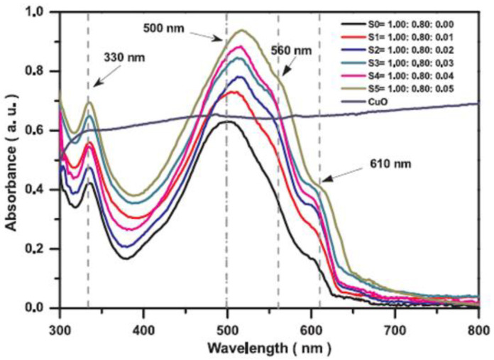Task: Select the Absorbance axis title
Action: (x=12, y=163)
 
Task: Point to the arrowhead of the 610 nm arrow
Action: (x=322, y=185)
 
